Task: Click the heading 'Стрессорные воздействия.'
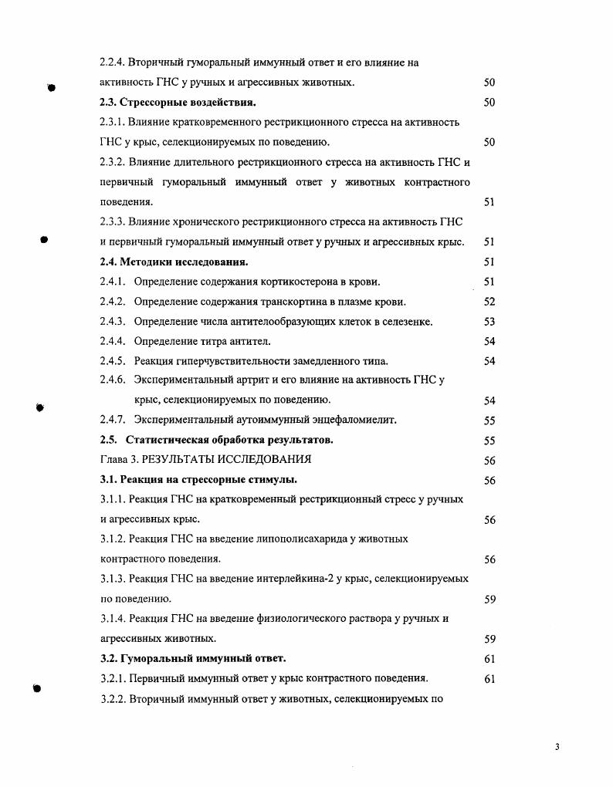192,103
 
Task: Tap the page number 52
489,302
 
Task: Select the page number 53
489,322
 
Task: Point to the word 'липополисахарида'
300,539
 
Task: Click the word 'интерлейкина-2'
289,579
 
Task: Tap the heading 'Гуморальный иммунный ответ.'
204,659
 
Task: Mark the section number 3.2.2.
113,699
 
